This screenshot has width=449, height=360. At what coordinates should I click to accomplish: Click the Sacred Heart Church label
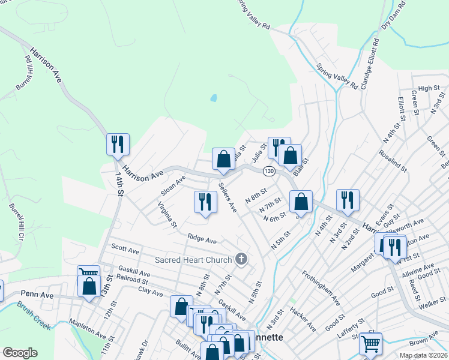tap(193, 260)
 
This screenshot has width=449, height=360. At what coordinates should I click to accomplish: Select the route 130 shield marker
tap(268, 171)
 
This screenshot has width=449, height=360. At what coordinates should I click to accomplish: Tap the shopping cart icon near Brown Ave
tap(370, 344)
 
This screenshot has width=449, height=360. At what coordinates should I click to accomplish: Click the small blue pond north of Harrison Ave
tap(214, 97)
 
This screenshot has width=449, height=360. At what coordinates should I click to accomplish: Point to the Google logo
tap(20, 353)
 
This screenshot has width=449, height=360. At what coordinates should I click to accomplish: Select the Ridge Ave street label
tap(202, 239)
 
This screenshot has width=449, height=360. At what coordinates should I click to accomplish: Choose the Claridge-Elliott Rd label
tap(369, 62)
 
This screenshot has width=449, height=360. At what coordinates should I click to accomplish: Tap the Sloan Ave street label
tap(173, 185)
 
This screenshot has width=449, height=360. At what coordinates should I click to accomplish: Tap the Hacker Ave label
tap(303, 319)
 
